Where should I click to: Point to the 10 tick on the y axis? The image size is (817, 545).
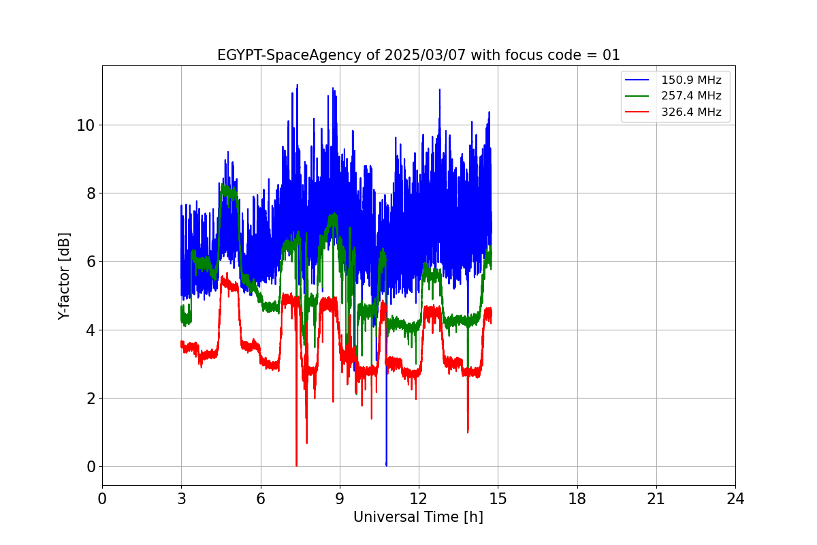(x=85, y=125)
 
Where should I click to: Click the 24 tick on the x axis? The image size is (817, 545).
(x=735, y=499)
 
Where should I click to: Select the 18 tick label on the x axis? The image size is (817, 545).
(x=577, y=499)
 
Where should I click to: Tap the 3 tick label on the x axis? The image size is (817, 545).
(x=181, y=499)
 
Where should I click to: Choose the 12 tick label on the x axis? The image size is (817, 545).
(x=419, y=499)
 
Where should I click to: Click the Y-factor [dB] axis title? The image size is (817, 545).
(x=65, y=276)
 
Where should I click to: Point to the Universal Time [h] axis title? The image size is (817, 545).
(x=418, y=517)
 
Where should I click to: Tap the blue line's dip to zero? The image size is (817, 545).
(x=386, y=463)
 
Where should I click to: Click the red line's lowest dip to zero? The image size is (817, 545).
(x=296, y=463)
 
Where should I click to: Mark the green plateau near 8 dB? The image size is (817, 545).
(x=229, y=191)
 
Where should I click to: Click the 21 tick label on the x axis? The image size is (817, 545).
(x=656, y=499)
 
